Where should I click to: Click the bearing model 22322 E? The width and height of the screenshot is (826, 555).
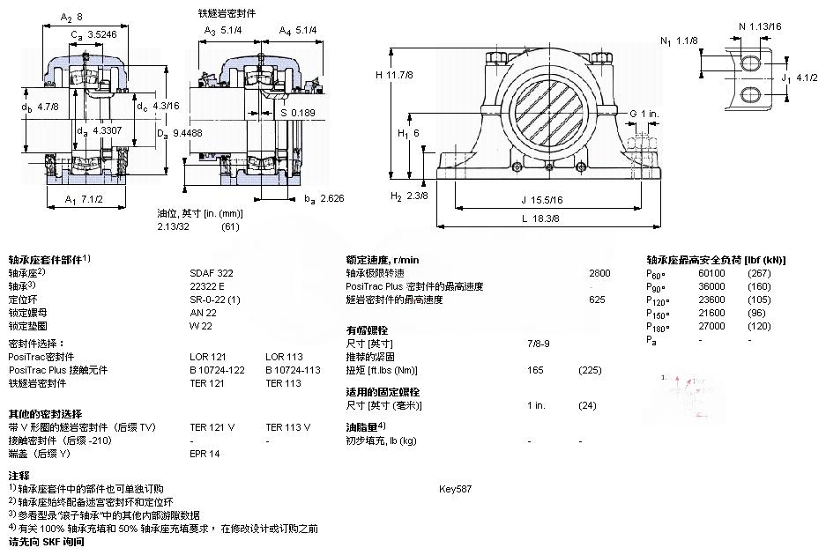pos(207,286)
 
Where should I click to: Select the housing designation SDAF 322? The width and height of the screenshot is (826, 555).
pos(212,273)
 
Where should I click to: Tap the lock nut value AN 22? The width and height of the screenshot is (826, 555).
pos(203,313)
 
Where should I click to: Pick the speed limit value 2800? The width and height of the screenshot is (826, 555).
pos(599,273)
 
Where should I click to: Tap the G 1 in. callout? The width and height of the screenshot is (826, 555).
pos(644,114)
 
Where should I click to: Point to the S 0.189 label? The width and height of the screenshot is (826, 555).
pos(296,112)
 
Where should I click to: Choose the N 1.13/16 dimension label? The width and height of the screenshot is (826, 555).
pos(759,26)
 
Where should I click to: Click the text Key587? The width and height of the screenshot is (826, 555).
pos(456,488)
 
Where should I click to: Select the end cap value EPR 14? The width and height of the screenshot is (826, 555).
pos(205,454)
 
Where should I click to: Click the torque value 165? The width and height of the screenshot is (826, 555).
pos(534,370)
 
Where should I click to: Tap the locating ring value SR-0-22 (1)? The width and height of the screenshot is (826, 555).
pos(215,300)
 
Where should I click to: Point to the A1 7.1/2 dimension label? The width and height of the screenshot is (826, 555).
pos(85,199)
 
